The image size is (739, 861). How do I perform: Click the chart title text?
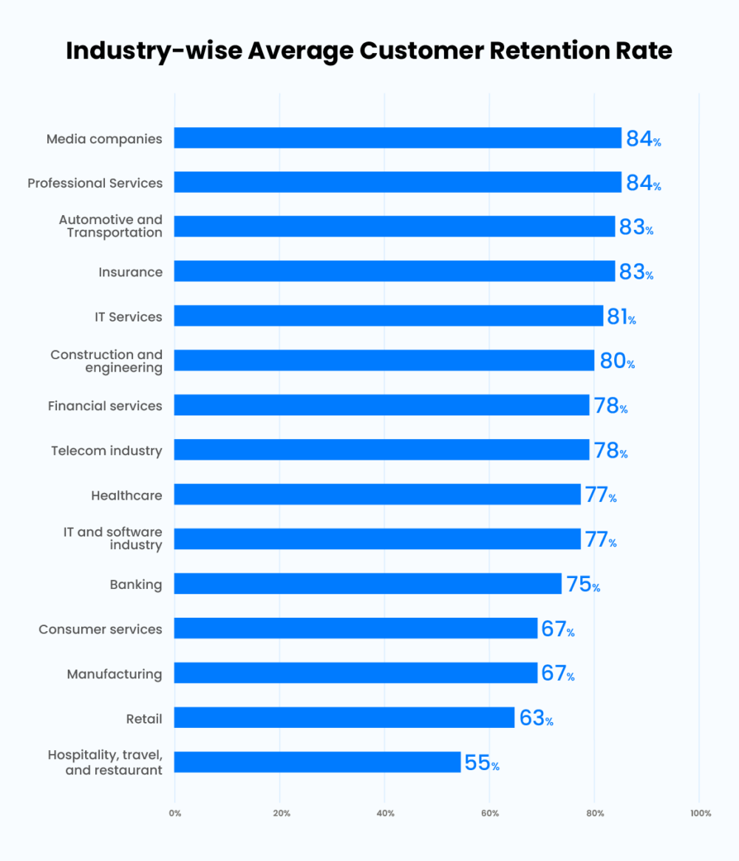(x=369, y=50)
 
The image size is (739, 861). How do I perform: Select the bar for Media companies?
(x=398, y=138)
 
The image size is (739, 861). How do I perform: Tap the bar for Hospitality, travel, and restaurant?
(x=317, y=762)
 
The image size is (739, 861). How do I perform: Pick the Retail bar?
(x=344, y=718)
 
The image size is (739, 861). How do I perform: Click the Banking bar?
(x=368, y=584)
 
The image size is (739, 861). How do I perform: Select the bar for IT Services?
(x=389, y=316)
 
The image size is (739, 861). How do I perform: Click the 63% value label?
(x=536, y=718)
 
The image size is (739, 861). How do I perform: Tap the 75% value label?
(x=582, y=584)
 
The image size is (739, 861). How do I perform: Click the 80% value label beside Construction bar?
(x=616, y=361)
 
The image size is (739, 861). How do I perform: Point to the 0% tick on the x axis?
(x=174, y=814)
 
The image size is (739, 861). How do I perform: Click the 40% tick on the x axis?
(x=385, y=814)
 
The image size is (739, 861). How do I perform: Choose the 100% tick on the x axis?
(x=700, y=814)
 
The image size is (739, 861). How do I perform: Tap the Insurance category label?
(x=130, y=272)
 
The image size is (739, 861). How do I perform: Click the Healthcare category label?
(x=126, y=495)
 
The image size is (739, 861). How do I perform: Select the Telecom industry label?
(x=106, y=450)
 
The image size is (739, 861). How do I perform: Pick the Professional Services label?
(x=95, y=183)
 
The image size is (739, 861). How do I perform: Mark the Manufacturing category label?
(x=115, y=674)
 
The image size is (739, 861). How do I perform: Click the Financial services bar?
(x=381, y=405)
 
